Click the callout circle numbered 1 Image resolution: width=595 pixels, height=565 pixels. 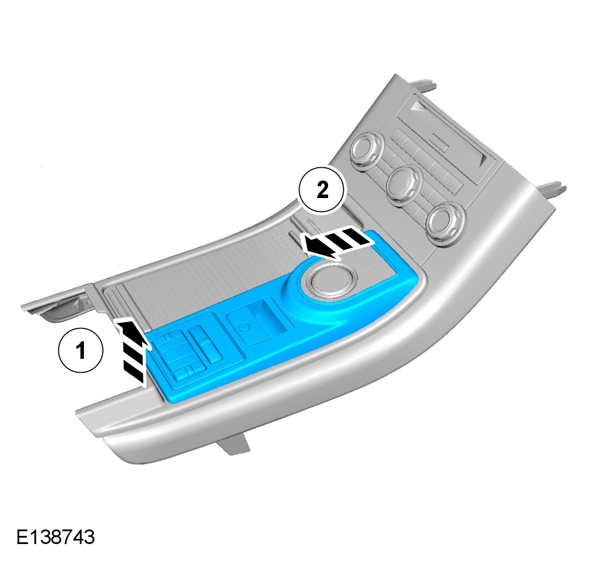pos(80,351)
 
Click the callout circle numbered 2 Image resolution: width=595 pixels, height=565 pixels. pos(322,189)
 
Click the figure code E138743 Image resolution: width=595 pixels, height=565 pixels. pos(55,537)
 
